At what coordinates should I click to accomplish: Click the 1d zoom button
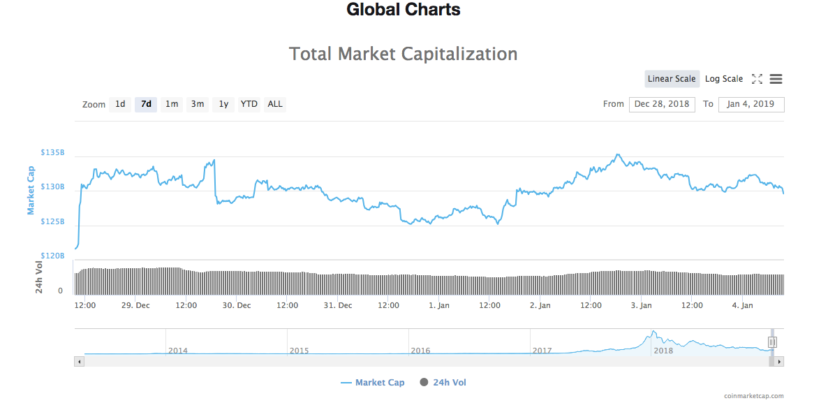(120, 104)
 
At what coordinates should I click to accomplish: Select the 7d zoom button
(146, 104)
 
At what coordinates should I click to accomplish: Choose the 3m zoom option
(198, 104)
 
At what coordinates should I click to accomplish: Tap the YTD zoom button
(249, 104)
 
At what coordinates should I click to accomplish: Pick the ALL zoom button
(275, 104)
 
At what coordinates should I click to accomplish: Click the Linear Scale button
(672, 79)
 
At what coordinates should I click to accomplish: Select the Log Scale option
(724, 79)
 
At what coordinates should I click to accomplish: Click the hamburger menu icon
(776, 79)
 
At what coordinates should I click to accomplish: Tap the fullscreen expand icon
(757, 79)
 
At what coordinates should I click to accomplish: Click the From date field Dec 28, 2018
(662, 104)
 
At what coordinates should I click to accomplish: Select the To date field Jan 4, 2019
(751, 104)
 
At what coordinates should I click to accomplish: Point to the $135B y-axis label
(52, 152)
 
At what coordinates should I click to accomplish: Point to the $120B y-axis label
(52, 256)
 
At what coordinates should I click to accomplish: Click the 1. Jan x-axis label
(439, 305)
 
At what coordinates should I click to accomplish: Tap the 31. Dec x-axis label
(338, 305)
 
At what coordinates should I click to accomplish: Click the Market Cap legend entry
(373, 383)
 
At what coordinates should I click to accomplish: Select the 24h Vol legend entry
(443, 383)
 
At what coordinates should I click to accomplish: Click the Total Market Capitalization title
(404, 54)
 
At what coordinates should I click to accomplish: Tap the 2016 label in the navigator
(420, 351)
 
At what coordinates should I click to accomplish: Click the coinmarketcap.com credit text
(753, 396)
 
